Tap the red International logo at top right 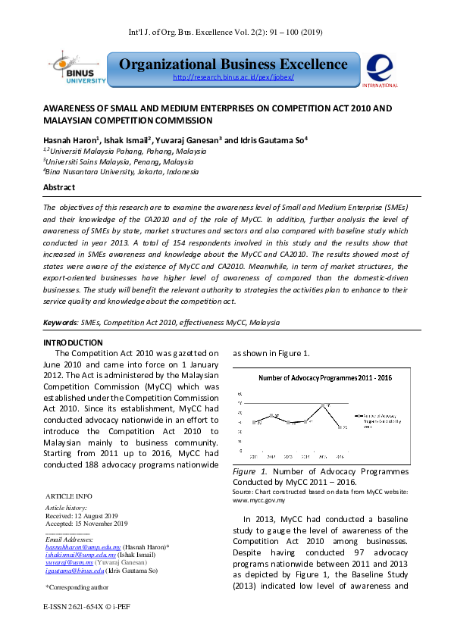click(379, 68)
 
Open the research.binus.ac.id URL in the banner click(233, 78)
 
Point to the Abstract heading click(59, 187)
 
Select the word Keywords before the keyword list click(61, 323)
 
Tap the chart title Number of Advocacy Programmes click(324, 377)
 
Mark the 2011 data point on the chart click(256, 422)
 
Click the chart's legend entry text click(374, 421)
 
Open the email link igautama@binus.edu click(74, 571)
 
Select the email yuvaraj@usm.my click(68, 563)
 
